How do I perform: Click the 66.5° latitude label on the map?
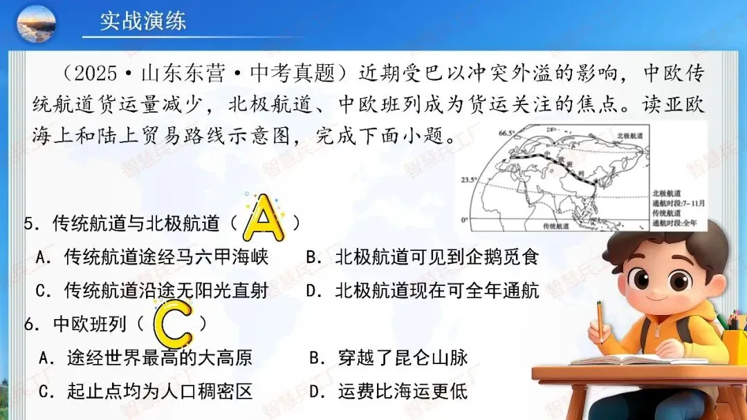click(508, 133)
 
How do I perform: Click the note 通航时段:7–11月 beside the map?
click(675, 203)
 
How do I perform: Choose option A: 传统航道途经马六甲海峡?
click(153, 257)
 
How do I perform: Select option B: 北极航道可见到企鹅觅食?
click(423, 257)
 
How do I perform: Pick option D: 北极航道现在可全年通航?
click(423, 291)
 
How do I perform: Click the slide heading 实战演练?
click(142, 20)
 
